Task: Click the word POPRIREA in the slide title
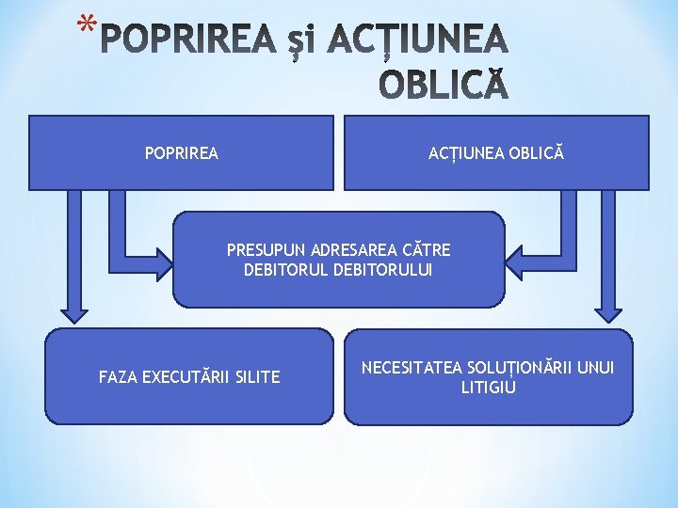coord(187,40)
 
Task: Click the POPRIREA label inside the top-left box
coord(182,152)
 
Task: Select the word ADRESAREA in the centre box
coord(348,250)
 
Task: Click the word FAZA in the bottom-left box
coord(118,377)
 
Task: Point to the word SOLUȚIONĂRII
coord(514,367)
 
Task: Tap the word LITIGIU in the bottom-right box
coord(489,387)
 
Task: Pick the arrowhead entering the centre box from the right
coord(516,259)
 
